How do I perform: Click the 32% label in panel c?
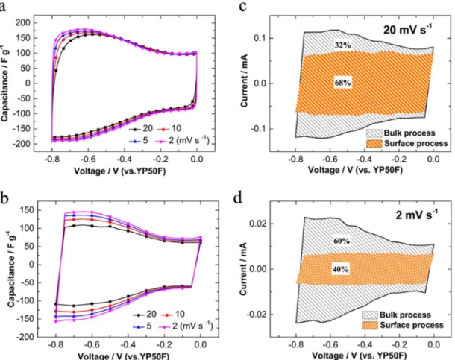click(342, 45)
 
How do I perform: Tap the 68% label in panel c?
click(342, 83)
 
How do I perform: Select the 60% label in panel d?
click(342, 241)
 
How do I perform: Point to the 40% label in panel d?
click(340, 269)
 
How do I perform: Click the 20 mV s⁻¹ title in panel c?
click(407, 29)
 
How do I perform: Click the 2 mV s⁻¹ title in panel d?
click(417, 215)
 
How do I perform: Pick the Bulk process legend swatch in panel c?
click(374, 133)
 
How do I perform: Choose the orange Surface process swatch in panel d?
click(370, 325)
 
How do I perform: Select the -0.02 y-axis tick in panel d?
click(257, 315)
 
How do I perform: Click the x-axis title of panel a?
click(119, 171)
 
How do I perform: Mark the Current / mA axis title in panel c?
click(244, 80)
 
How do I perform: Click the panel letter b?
click(5, 198)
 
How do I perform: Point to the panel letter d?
click(238, 198)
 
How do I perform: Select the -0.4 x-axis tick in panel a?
click(124, 160)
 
